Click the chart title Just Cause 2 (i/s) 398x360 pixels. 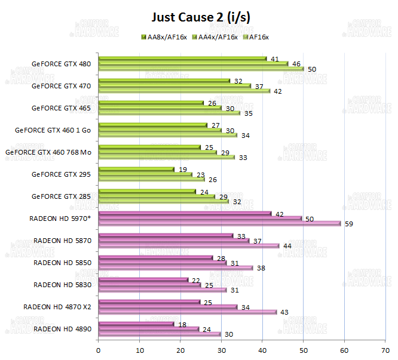[x=200, y=17]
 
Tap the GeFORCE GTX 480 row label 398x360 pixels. [x=62, y=64]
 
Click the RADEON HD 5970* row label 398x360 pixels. [x=60, y=218]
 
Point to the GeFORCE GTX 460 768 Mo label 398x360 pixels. [x=48, y=152]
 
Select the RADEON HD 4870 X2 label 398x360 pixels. [x=57, y=306]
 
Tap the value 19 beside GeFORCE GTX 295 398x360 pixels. [x=183, y=169]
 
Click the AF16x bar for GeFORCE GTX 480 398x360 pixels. [x=201, y=69]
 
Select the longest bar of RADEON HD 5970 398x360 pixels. [x=219, y=224]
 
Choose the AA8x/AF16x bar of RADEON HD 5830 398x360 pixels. [x=143, y=279]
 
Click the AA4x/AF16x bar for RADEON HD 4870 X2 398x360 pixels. [x=167, y=307]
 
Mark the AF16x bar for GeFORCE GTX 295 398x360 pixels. [x=151, y=180]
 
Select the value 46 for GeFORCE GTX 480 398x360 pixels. [x=296, y=64]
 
